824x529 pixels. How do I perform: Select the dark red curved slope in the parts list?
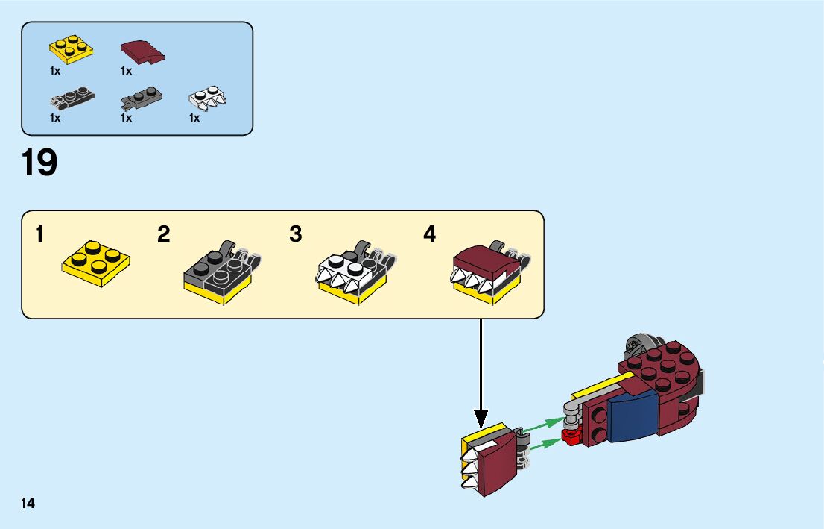[142, 51]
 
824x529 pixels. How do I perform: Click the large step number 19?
[39, 163]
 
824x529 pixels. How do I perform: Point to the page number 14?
[28, 503]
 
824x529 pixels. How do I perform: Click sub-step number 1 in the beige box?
[39, 234]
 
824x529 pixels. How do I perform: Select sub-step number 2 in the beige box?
[164, 234]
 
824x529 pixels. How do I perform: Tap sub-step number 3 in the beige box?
[296, 234]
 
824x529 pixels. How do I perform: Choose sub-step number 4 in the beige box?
[429, 234]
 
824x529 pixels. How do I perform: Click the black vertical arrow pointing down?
[481, 373]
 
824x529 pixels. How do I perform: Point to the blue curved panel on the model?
[632, 418]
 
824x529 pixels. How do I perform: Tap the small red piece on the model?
[571, 435]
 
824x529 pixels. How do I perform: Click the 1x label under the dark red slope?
[126, 71]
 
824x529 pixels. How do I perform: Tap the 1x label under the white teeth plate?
[194, 117]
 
